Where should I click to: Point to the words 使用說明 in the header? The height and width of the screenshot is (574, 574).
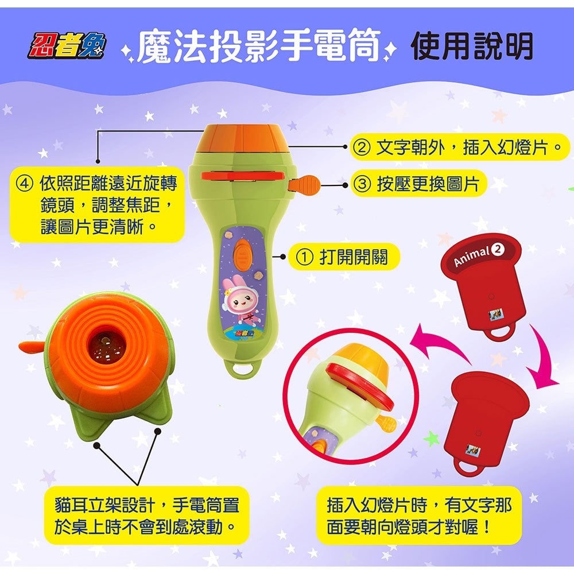coord(472,46)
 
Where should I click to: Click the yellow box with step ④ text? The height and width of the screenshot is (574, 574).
coord(97,204)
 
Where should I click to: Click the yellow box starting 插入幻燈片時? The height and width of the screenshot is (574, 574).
coord(418,515)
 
